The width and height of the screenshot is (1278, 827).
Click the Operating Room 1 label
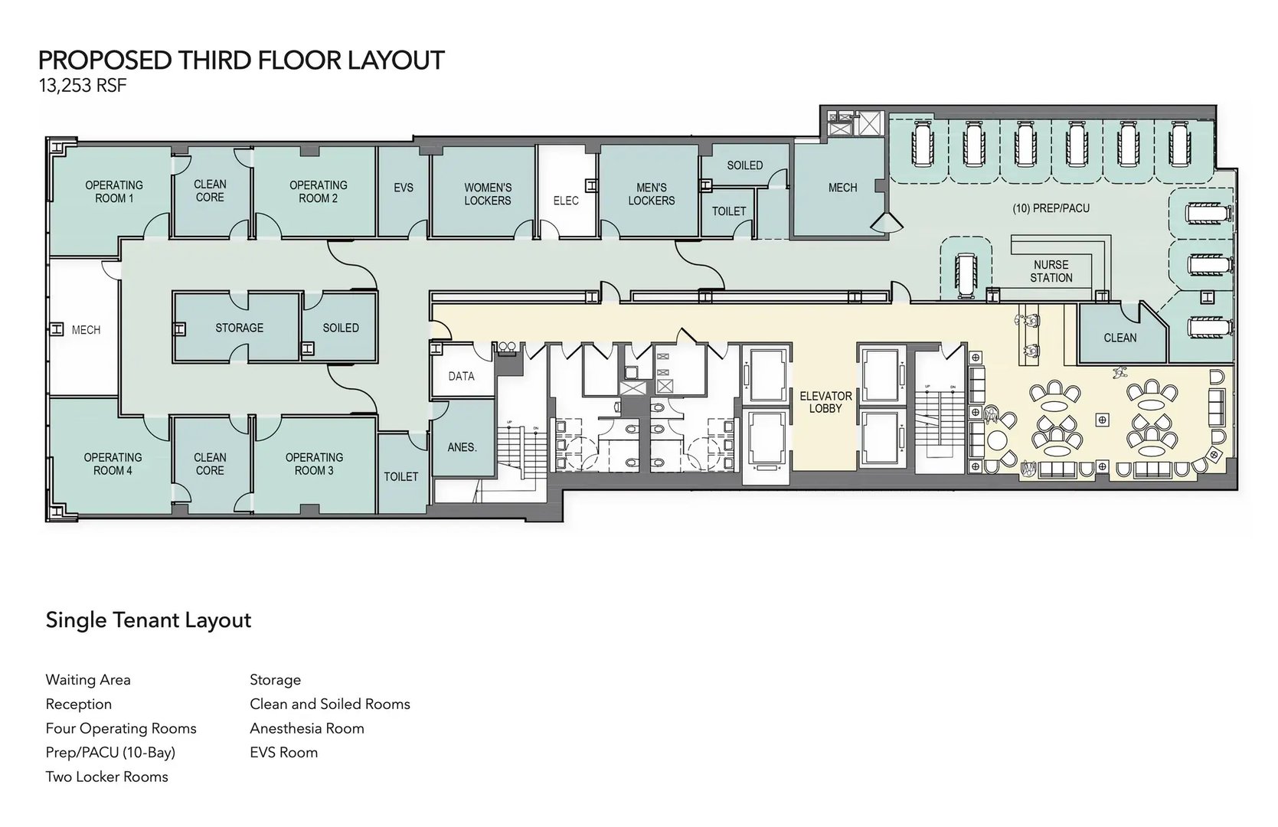[x=114, y=191]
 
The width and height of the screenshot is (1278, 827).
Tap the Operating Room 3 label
[x=315, y=464]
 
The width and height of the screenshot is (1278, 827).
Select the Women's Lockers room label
[x=488, y=194]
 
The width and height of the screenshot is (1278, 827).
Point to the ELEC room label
[x=566, y=201]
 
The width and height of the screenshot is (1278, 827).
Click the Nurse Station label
[x=1051, y=271]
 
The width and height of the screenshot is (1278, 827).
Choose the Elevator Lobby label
[x=825, y=402]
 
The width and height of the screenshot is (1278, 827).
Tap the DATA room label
[x=462, y=376]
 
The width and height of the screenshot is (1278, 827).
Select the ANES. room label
[x=462, y=447]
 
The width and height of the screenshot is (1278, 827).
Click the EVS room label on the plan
[x=404, y=188]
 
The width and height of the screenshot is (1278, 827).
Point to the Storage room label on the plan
[x=240, y=328]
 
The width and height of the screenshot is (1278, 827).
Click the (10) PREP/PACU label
[x=1051, y=208]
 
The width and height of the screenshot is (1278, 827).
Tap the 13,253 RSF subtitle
[x=83, y=86]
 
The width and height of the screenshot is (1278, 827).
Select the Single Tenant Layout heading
[x=149, y=619]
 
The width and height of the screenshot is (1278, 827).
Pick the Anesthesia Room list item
[x=307, y=728]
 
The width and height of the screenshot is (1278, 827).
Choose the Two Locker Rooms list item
[x=106, y=776]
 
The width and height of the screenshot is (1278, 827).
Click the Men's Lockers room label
[x=652, y=194]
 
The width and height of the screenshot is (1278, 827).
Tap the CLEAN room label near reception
[x=1120, y=338]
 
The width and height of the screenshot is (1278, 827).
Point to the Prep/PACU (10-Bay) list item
[x=111, y=753]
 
